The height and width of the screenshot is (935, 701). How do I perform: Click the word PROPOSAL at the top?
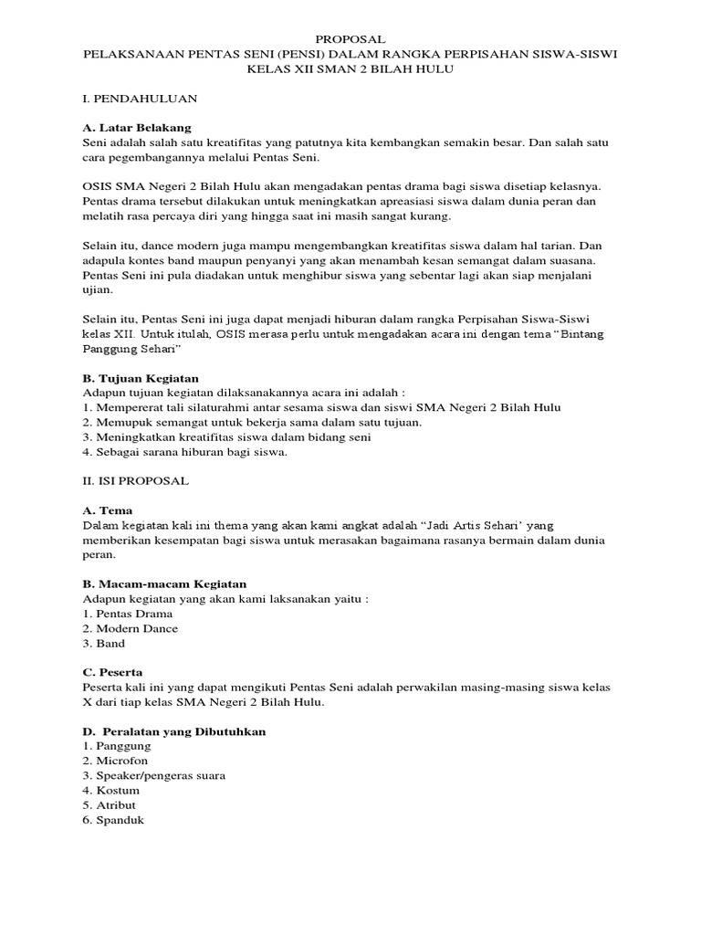[x=350, y=39]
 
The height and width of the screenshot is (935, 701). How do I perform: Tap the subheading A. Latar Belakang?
[x=136, y=127]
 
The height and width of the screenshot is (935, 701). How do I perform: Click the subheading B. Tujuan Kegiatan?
[x=141, y=377]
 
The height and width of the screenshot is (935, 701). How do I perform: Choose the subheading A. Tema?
[x=113, y=510]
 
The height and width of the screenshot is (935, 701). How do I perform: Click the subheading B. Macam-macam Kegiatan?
[x=164, y=583]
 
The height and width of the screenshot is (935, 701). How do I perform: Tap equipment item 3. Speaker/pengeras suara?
[x=153, y=775]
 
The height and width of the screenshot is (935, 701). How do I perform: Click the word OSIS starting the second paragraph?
[x=97, y=185]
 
